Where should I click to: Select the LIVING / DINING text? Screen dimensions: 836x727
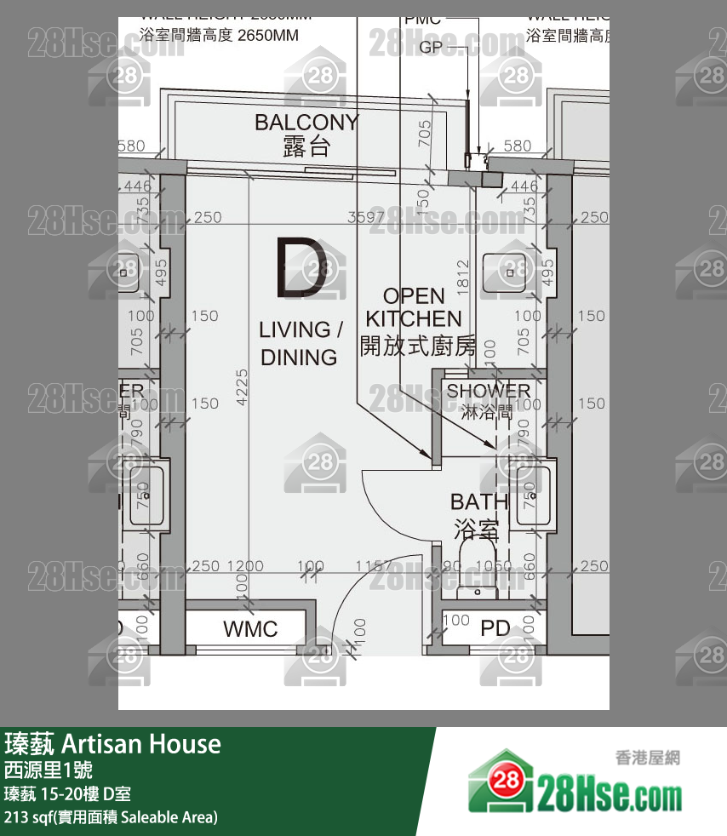pos(300,343)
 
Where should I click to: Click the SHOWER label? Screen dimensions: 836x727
pos(488,391)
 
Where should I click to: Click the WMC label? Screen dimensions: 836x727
pos(250,629)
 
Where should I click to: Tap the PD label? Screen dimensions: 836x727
pos(495,629)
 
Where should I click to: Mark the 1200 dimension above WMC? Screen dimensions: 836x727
pos(246,566)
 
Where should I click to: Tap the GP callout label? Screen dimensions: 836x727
pos(431,48)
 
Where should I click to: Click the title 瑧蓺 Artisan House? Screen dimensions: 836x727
pos(112,744)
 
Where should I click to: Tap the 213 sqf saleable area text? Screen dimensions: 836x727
pos(111,817)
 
